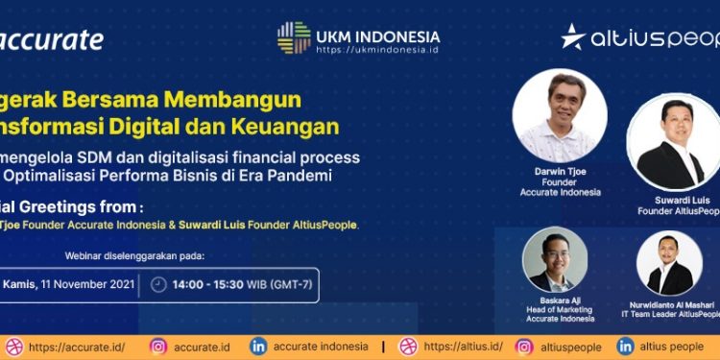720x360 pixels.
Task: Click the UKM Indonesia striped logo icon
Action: [294, 37]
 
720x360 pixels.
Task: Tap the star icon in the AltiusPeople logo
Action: [574, 36]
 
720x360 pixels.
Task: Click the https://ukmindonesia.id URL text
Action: [377, 49]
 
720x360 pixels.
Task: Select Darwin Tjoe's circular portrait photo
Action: [560, 116]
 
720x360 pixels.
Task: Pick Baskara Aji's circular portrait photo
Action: [555, 259]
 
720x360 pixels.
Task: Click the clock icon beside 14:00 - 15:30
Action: [159, 285]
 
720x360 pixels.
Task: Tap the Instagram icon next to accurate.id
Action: [159, 347]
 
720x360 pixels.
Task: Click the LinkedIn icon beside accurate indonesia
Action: [258, 347]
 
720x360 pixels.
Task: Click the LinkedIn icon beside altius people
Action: [626, 347]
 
